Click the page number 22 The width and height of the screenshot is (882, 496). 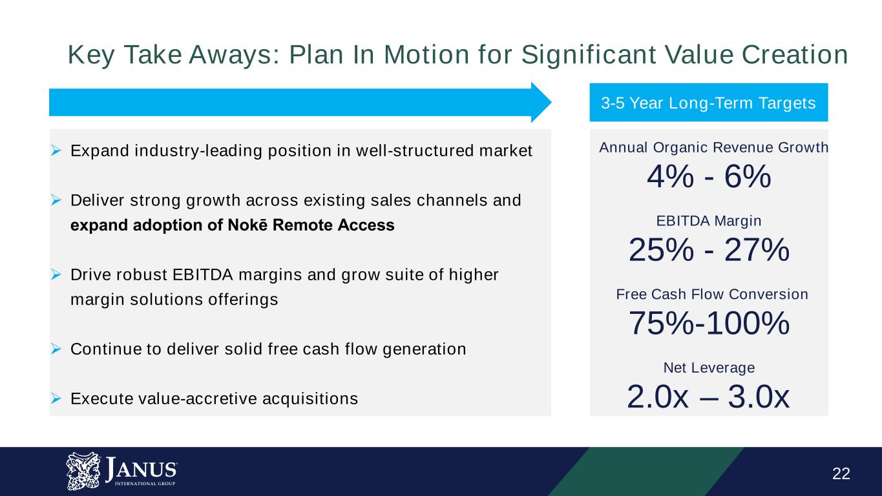point(841,473)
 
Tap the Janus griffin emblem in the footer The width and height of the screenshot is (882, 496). point(83,471)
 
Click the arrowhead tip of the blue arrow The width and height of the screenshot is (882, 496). point(551,102)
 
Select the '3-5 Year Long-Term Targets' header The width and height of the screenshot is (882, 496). point(708,103)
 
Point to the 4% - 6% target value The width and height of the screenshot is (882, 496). point(709,176)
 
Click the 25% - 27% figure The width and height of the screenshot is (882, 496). point(709,249)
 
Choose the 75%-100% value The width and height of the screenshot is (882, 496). point(709,323)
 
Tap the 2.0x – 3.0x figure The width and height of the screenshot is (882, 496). point(708,397)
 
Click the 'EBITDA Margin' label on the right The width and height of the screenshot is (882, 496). point(709,221)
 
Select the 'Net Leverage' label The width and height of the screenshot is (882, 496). point(709,367)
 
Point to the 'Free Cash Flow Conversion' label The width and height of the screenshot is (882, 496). point(712,294)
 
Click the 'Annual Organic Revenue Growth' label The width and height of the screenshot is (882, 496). point(713,147)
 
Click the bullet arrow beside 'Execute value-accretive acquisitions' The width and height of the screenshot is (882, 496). point(56,398)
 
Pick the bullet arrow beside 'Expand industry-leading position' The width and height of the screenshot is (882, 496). point(56,150)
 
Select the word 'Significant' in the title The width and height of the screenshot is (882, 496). point(589,54)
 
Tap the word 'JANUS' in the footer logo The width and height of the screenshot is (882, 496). point(141,470)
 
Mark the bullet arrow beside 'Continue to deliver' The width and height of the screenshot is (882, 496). point(56,349)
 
